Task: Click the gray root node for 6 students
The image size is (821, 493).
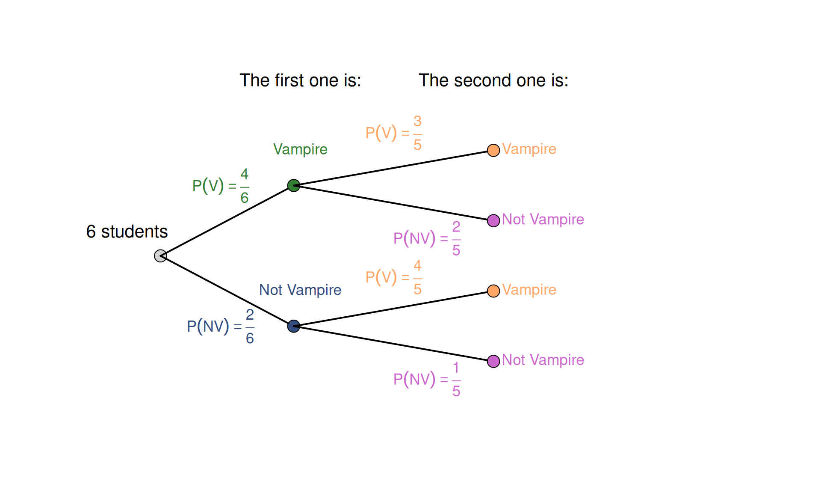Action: pos(160,256)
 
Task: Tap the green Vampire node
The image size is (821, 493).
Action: pos(293,185)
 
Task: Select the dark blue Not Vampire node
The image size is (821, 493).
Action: pos(293,326)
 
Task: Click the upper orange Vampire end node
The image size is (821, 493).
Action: pos(493,150)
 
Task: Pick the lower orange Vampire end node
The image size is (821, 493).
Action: pos(493,291)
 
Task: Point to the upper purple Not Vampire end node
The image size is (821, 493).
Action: pos(493,220)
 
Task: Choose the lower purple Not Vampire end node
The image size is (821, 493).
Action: pos(493,361)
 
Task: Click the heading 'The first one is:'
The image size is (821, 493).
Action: pos(300,80)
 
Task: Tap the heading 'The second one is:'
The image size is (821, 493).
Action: pos(493,80)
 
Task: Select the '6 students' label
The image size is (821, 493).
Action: pos(127,232)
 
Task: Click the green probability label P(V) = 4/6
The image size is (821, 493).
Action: pos(221,186)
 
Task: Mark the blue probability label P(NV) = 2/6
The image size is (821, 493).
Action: pos(221,327)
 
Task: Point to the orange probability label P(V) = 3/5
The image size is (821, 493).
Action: pos(394,133)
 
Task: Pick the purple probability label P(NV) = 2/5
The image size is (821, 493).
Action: pos(427,238)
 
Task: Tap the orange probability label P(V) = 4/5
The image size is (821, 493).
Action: pos(394,277)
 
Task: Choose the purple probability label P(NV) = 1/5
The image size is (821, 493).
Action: pos(427,379)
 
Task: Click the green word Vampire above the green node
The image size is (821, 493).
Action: pos(300,149)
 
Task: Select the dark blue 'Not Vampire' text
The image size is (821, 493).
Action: pos(300,290)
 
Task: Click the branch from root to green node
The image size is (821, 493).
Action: pos(227,221)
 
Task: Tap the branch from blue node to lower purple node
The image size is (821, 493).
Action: pos(393,344)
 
